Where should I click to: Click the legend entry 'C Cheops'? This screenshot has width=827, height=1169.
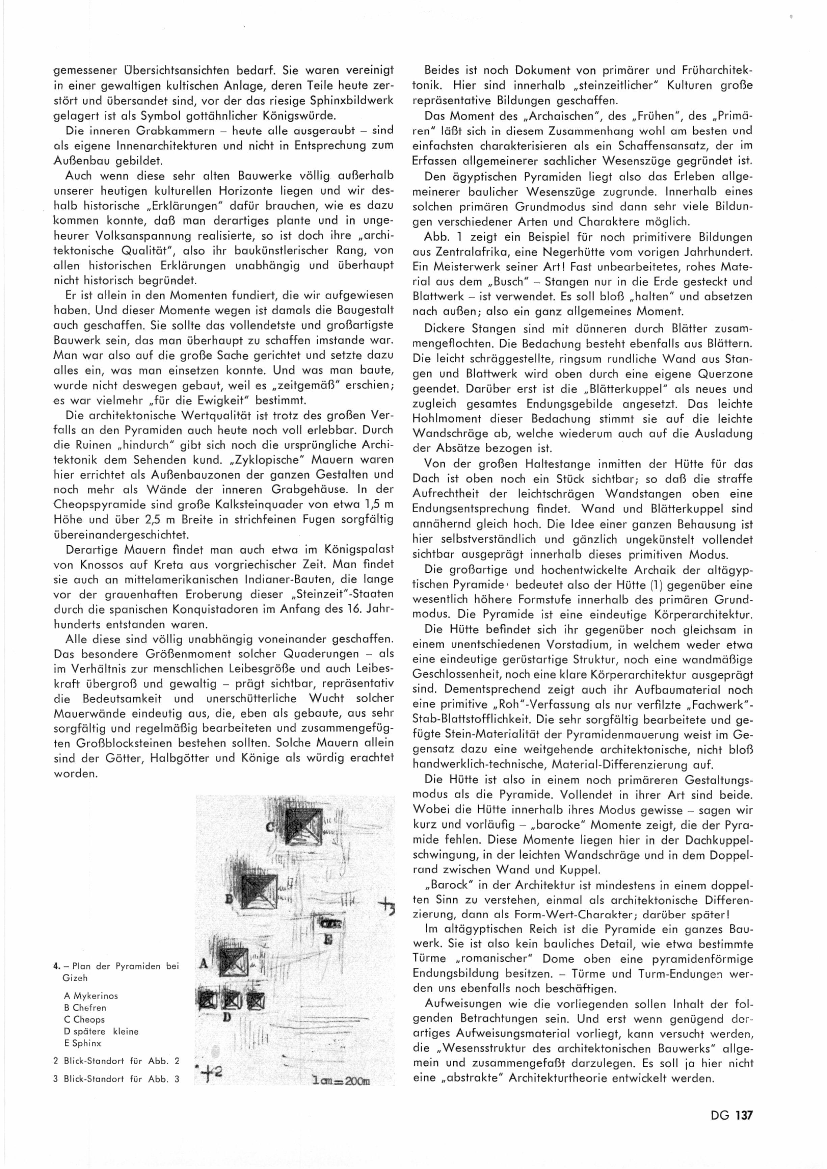pos(84,1019)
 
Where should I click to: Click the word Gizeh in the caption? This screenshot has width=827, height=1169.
pos(75,978)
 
